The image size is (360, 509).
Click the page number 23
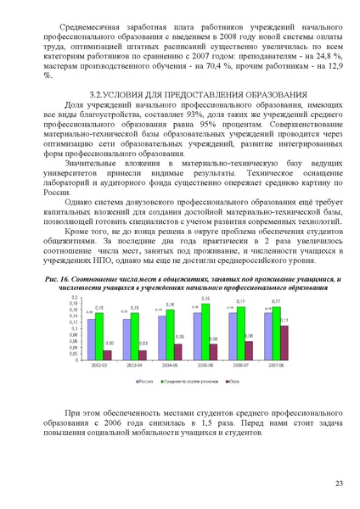[x=338, y=483]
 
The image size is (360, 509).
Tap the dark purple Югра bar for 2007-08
[x=284, y=342]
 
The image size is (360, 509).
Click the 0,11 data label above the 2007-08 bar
[x=284, y=319]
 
